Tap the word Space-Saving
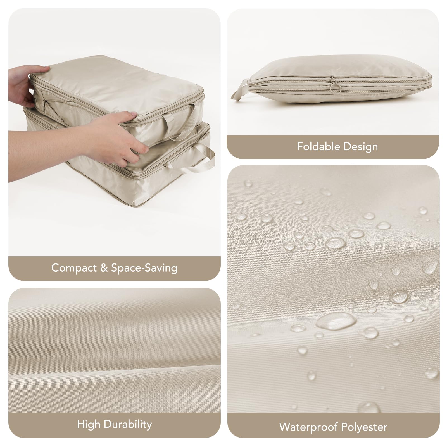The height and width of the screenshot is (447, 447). tap(144, 268)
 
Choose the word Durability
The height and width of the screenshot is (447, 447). tap(128, 424)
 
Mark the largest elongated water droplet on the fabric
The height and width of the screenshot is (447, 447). tap(336, 321)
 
